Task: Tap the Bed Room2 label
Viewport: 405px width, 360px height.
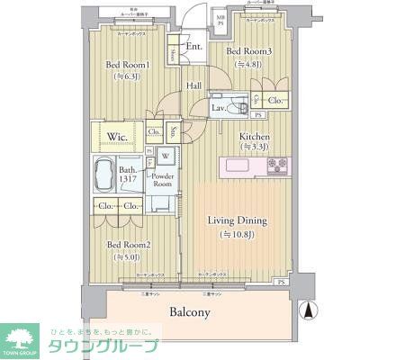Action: tap(129, 243)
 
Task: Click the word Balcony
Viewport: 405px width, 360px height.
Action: tap(189, 313)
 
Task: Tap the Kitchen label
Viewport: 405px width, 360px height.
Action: tap(254, 138)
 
